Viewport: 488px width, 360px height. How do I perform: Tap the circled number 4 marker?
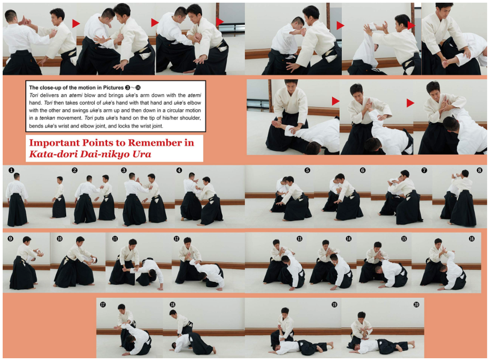(179, 170)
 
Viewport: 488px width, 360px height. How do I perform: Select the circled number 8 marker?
(479, 170)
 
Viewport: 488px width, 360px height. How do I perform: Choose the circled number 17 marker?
(103, 304)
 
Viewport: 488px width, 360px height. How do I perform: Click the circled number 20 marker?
(416, 304)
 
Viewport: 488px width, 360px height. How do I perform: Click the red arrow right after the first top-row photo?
(76, 23)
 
